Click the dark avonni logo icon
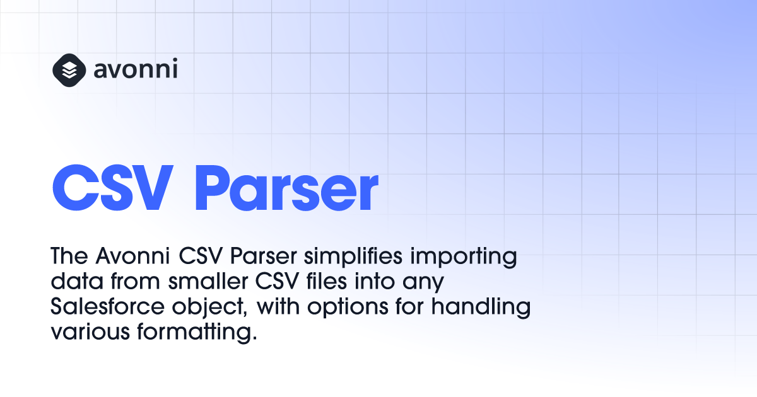69,70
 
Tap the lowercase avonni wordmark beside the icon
136,69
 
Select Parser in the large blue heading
286,188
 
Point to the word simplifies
353,256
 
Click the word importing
464,257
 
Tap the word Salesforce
107,306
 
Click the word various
90,332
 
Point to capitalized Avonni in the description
132,256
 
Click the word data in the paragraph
77,281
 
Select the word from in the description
136,281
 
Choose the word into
375,281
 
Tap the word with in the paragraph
278,306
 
